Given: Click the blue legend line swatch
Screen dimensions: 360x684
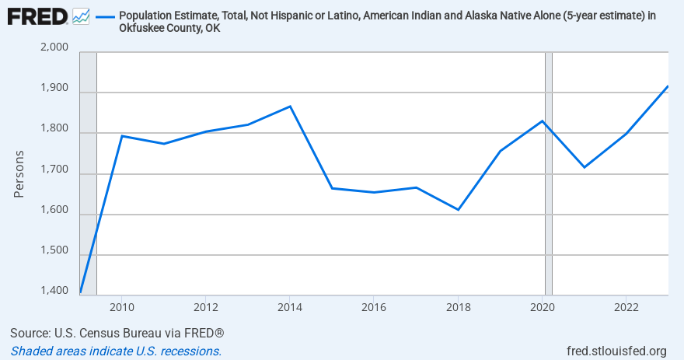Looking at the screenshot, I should (x=104, y=16).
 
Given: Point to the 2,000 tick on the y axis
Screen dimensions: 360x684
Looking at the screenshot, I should (x=53, y=49).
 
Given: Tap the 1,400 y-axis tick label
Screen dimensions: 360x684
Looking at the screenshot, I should (x=53, y=292).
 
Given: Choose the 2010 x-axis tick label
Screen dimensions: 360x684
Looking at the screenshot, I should (x=121, y=306).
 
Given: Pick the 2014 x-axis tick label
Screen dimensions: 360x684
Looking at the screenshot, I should (x=290, y=306).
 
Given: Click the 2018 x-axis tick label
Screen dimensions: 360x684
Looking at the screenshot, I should (x=459, y=306).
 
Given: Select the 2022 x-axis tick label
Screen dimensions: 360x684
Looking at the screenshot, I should (x=626, y=306).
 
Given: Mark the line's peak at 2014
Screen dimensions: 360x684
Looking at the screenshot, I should (x=290, y=107).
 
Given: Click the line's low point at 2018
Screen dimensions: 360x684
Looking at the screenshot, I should (x=459, y=210).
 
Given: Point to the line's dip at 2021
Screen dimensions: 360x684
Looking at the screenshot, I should (x=585, y=167).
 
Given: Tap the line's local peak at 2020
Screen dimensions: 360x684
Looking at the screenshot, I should (x=543, y=121).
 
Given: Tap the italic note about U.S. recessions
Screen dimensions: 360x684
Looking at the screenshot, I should (x=116, y=351).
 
